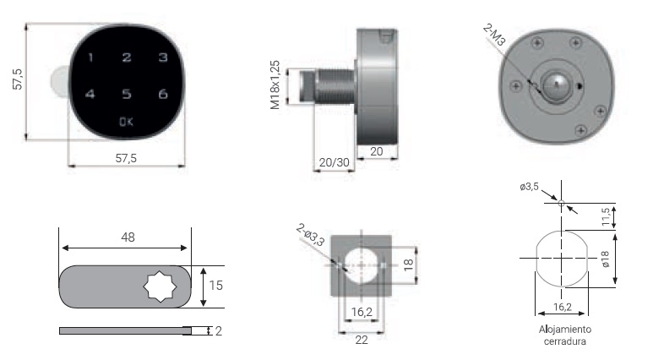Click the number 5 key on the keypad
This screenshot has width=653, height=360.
127,94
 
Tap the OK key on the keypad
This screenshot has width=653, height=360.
126,122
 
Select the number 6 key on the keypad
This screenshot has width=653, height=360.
163,94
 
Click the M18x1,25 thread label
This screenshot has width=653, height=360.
275,85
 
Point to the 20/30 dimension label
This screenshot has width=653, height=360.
334,162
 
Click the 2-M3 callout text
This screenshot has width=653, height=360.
494,35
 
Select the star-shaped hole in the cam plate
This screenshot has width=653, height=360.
160,286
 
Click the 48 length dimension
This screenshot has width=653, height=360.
128,237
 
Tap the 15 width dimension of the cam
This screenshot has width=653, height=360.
215,286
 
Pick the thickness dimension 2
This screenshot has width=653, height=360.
218,331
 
